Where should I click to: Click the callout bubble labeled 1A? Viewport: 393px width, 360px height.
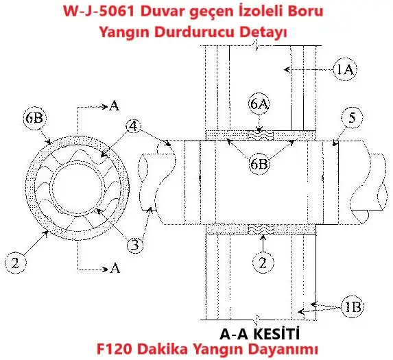(x=345, y=69)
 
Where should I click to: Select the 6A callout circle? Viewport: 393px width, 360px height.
(x=259, y=104)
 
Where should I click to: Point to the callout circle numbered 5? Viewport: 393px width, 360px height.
(x=352, y=118)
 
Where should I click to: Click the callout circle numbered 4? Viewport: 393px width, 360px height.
(x=134, y=126)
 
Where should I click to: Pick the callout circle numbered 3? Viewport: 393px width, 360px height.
(x=135, y=245)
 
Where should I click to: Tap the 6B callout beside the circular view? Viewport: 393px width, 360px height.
(x=34, y=118)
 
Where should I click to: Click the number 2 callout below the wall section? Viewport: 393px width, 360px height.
(x=263, y=263)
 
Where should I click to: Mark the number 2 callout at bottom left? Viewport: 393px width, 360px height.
(x=15, y=263)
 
